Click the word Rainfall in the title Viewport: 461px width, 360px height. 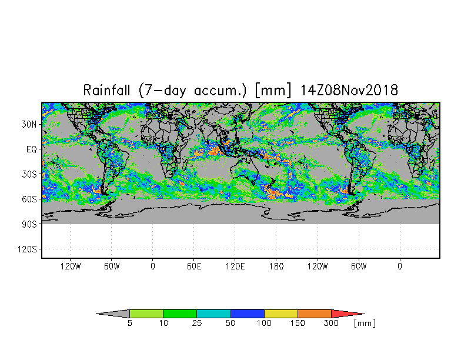pyautogui.click(x=106, y=90)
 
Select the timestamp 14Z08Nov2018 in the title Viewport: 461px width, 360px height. pyautogui.click(x=349, y=90)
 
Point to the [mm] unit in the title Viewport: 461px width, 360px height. pyautogui.click(x=273, y=91)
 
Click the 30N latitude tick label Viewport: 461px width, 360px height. pyautogui.click(x=29, y=125)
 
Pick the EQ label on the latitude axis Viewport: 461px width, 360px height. pyautogui.click(x=32, y=149)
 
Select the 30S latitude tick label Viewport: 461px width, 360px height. pyautogui.click(x=29, y=174)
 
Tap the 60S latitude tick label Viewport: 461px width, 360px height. pyautogui.click(x=29, y=199)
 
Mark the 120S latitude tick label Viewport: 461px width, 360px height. pyautogui.click(x=27, y=249)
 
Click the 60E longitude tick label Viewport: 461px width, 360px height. pyautogui.click(x=194, y=266)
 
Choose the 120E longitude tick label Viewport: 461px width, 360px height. pyautogui.click(x=235, y=266)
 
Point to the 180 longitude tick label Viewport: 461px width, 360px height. pyautogui.click(x=276, y=266)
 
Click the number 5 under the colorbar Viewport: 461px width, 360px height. pyautogui.click(x=129, y=324)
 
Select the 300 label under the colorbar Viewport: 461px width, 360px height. pyautogui.click(x=331, y=324)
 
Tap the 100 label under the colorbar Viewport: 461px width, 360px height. pyautogui.click(x=264, y=324)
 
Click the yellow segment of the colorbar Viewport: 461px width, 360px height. pyautogui.click(x=281, y=314)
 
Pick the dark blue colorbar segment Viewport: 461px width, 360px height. pyautogui.click(x=247, y=314)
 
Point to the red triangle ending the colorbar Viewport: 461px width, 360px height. pyautogui.click(x=344, y=314)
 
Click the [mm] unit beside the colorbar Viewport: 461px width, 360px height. pyautogui.click(x=365, y=324)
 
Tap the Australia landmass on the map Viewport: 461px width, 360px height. pyautogui.click(x=244, y=171)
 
